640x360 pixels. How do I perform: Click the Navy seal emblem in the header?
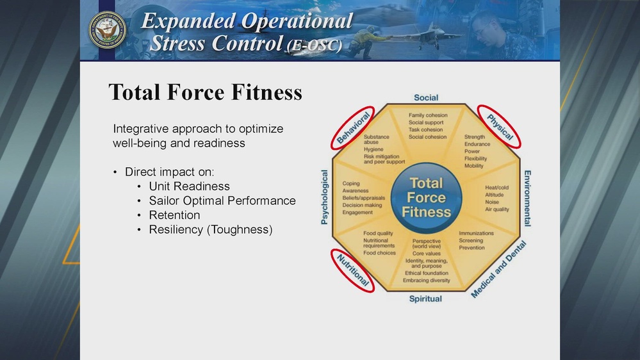(x=107, y=29)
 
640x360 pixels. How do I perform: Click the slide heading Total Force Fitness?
(x=205, y=92)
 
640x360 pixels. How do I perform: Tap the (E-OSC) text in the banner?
(x=314, y=46)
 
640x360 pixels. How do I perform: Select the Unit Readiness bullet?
(x=189, y=186)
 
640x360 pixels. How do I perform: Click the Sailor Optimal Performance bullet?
(x=222, y=200)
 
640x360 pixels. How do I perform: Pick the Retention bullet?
(x=174, y=215)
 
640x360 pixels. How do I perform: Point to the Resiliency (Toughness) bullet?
(x=211, y=229)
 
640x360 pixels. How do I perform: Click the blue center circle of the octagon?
(x=426, y=197)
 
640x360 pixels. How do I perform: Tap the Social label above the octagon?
(x=426, y=97)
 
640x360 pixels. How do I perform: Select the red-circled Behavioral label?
(x=353, y=126)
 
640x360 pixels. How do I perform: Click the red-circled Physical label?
(x=500, y=126)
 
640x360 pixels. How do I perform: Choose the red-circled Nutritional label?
(x=353, y=270)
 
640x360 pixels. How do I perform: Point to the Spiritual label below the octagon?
(x=425, y=299)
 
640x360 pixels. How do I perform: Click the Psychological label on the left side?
(x=324, y=197)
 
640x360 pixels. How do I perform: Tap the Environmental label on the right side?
(x=527, y=198)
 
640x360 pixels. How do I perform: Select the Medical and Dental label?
(x=498, y=269)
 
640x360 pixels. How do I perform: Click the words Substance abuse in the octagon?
(x=376, y=140)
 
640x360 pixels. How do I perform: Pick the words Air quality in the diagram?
(x=497, y=209)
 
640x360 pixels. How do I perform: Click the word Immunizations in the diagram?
(x=476, y=233)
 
